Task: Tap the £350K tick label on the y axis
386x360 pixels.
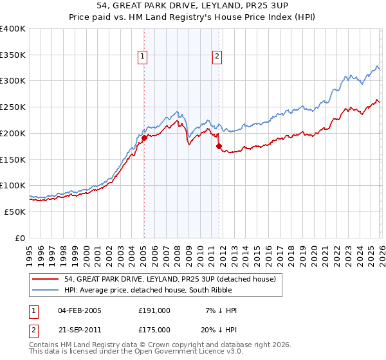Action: pos(13,55)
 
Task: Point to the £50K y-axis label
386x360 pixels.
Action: pos(15,212)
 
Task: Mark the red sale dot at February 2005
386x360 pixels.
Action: pos(144,137)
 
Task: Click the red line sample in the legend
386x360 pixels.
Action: pos(47,279)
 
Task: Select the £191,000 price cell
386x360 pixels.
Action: pos(154,310)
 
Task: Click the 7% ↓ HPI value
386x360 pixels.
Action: pos(220,310)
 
